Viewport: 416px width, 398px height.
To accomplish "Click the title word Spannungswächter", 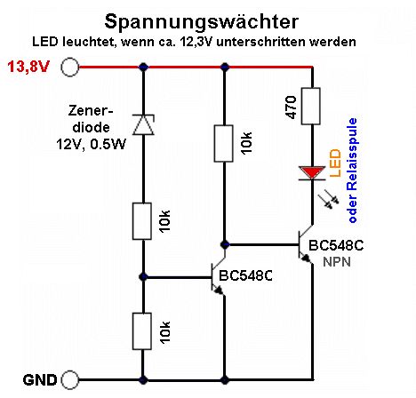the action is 202,22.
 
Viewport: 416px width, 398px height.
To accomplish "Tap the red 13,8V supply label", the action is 28,67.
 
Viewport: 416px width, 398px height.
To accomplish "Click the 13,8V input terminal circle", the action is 70,68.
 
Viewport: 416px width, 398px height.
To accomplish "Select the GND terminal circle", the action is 70,379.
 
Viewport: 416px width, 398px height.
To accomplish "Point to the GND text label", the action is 40,380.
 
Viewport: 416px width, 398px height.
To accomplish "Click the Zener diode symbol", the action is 143,124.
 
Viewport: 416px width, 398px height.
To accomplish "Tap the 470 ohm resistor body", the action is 310,106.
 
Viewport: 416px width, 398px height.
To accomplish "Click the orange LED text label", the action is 335,163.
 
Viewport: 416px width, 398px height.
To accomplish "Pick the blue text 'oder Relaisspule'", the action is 352,171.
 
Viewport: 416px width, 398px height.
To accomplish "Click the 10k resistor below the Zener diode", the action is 142,221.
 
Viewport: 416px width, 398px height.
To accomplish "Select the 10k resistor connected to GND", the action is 142,331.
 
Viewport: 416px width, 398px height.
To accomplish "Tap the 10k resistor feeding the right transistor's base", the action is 223,143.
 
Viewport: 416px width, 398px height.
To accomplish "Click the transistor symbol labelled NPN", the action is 305,244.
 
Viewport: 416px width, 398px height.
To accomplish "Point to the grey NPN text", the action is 337,262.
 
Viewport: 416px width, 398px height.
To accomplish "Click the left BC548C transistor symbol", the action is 218,276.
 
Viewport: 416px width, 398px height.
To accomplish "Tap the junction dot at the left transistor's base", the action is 143,277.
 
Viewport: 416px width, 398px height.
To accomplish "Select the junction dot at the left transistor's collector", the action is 225,245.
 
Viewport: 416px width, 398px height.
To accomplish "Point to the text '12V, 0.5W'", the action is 91,144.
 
